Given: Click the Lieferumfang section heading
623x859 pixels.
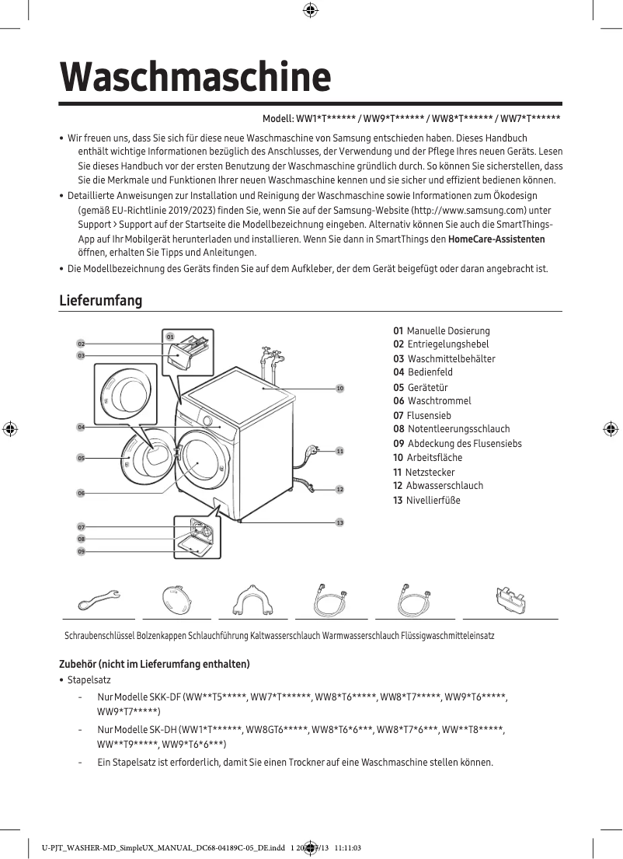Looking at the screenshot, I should pos(101,301).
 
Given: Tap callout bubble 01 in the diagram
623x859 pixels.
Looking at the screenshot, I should pos(169,336).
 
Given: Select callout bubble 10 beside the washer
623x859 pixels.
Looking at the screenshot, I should pos(339,387).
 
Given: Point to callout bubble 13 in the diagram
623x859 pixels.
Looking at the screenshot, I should pos(339,522).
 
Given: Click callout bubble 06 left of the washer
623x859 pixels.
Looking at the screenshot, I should pos(81,493).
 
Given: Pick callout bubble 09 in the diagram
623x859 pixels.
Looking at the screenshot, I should pos(81,551).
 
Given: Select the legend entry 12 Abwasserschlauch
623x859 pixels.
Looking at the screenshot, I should pos(438,486).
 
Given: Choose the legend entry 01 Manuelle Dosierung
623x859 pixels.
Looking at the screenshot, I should pos(441,331).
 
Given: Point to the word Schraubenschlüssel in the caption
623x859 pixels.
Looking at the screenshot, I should pos(99,636).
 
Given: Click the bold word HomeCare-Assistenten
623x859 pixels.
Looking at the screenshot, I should pos(496,239).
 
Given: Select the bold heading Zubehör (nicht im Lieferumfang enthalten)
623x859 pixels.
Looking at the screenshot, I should pos(155,664).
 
